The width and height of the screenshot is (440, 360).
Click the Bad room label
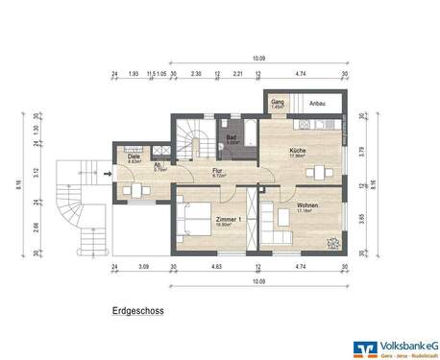(x=232, y=138)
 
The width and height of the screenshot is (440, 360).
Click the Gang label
(x=277, y=101)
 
